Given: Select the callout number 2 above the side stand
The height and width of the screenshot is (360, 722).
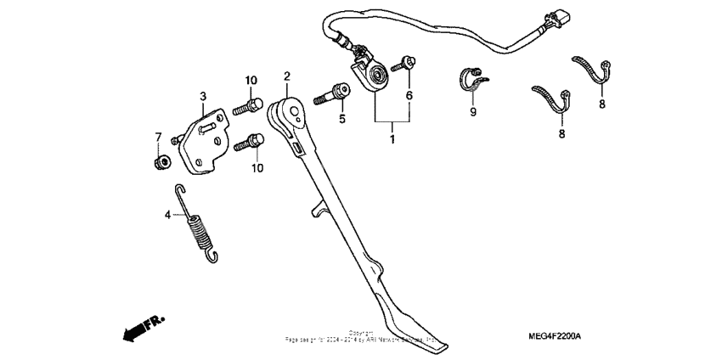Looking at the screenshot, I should tap(287, 77).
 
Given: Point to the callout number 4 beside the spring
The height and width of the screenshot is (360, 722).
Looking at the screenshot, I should tap(167, 215).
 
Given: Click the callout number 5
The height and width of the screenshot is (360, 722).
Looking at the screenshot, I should tap(343, 120).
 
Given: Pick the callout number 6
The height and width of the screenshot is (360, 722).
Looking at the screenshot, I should tap(409, 96).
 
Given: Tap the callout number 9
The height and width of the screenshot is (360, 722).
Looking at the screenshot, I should tap(473, 111).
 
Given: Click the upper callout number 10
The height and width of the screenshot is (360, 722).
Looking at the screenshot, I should tap(251, 80).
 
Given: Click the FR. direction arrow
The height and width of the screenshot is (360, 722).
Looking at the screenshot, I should tap(142, 328).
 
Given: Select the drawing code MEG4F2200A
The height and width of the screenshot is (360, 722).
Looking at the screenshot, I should tap(552, 337).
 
